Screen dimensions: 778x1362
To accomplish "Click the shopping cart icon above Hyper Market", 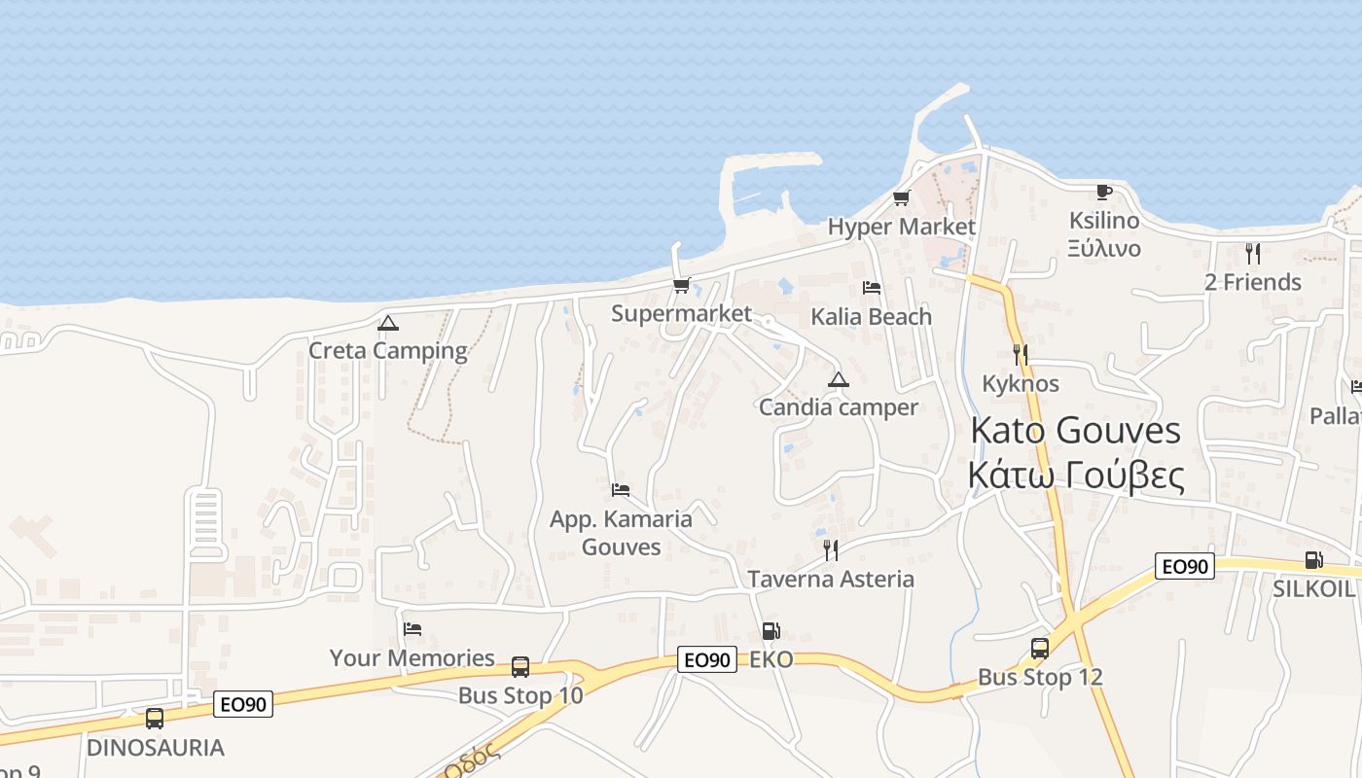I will coord(901,198).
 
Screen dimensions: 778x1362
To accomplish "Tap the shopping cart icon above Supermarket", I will coord(681,285).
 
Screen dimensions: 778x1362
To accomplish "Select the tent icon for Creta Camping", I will coord(388,323).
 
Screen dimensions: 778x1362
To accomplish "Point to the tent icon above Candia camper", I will coord(838,379).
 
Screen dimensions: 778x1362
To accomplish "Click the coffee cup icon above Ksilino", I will coord(1103,192).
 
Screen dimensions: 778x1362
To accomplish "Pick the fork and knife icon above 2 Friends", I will coord(1253,254).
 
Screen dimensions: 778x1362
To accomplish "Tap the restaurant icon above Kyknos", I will coord(1020,354).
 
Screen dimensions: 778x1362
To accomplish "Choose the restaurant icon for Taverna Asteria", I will coord(831,550).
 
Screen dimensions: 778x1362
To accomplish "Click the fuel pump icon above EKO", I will coord(771,631).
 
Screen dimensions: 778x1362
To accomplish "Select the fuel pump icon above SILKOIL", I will coord(1313,560).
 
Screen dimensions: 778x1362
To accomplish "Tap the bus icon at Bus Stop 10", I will coord(520,667).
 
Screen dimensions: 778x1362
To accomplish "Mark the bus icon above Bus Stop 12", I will coord(1040,649).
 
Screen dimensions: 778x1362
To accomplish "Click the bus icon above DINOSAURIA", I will coord(155,719).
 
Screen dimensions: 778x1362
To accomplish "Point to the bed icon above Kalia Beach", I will coord(872,288).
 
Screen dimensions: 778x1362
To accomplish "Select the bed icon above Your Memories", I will coord(412,629).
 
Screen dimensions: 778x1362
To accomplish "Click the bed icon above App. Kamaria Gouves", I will coord(621,489).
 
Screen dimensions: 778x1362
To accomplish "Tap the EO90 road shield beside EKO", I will coord(707,659).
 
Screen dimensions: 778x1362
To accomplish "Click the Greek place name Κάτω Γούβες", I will coord(1075,476).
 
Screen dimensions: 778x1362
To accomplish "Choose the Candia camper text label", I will coord(838,407).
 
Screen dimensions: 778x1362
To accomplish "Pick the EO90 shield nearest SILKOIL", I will coord(1185,566).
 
